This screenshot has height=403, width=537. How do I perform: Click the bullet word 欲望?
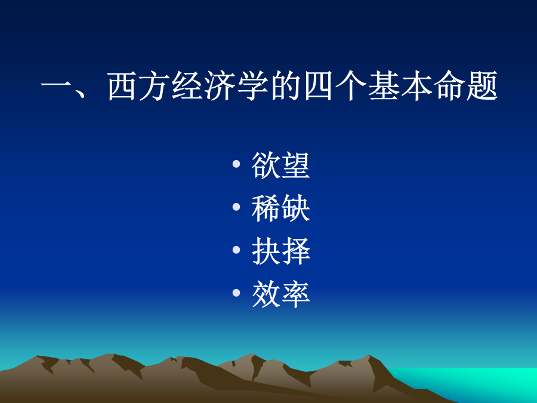281,165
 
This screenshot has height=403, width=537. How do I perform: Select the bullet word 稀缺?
281,208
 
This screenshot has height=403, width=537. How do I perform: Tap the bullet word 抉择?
281,251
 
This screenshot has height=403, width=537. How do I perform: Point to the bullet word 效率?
281,294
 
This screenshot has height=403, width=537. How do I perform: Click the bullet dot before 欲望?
236,164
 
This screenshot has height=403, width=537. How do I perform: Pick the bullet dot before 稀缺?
236,207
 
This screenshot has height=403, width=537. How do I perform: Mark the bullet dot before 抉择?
236,250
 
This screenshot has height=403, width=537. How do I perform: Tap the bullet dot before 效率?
236,293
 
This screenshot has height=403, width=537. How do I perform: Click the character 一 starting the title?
55,85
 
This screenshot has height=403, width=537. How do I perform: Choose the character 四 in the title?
318,87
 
